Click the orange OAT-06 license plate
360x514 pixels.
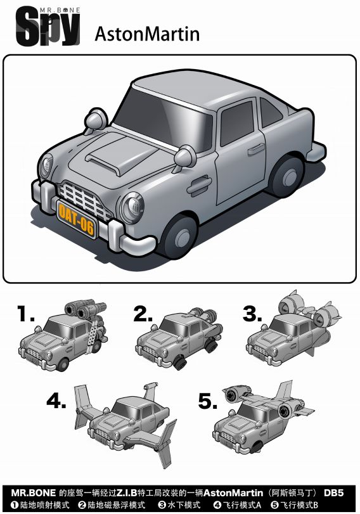(76, 219)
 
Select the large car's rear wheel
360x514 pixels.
(288, 176)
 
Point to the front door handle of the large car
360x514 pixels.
(199, 186)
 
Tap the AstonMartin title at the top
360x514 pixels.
(147, 34)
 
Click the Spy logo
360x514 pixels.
(48, 27)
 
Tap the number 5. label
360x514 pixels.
(208, 401)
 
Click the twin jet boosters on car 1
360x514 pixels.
(85, 309)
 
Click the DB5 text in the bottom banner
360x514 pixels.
(333, 492)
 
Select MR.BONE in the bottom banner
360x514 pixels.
(33, 492)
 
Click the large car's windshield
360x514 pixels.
(164, 120)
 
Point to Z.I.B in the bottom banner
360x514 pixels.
(127, 492)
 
